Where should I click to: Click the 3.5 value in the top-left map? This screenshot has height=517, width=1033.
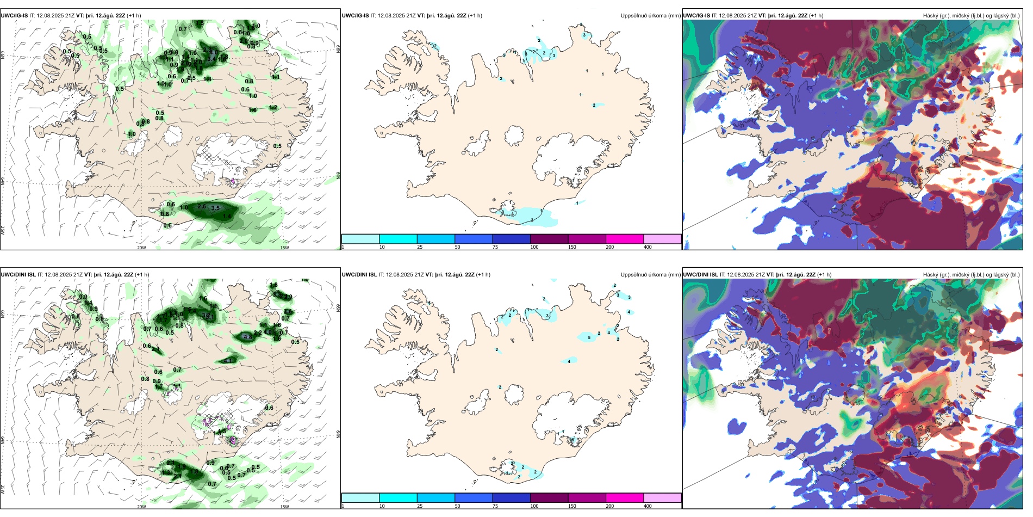(215, 208)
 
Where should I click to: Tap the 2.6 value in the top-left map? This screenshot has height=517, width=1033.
(202, 206)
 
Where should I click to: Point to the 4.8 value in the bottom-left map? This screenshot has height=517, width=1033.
(248, 337)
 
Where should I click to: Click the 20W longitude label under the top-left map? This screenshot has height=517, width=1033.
(141, 248)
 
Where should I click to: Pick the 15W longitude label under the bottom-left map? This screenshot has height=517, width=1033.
(284, 507)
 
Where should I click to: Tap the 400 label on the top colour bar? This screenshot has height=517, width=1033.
(648, 247)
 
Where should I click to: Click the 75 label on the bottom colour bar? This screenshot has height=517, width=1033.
(495, 506)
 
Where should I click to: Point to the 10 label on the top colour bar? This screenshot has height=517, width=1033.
(382, 247)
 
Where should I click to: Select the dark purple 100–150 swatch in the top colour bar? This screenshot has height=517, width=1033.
(549, 239)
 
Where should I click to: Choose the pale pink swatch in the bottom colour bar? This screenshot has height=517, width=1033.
(662, 498)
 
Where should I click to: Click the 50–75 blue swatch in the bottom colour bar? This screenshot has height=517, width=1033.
(473, 498)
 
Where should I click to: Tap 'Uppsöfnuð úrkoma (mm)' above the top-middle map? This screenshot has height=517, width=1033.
(650, 16)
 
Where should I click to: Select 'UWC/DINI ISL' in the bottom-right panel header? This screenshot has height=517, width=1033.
(701, 275)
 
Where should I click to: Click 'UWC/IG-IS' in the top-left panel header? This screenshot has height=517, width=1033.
(14, 16)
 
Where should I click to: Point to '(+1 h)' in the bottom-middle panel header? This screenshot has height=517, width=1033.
(483, 275)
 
